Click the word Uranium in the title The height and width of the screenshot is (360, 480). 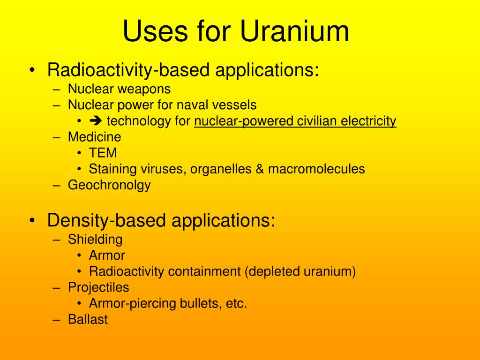coord(295,31)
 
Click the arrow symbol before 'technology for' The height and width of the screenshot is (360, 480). coord(96,121)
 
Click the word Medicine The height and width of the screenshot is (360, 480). coord(94,137)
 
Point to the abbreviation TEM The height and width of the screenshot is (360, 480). coord(103,153)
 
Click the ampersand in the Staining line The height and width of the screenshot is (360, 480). coord(260,169)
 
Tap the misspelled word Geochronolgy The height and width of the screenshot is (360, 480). coord(109,185)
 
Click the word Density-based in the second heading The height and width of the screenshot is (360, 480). coord(106,220)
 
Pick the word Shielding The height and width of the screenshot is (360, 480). coord(95,240)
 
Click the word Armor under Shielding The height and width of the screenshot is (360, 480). coord(107,255)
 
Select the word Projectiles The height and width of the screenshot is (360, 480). coord(98,287)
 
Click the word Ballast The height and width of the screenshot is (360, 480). coord(88,320)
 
